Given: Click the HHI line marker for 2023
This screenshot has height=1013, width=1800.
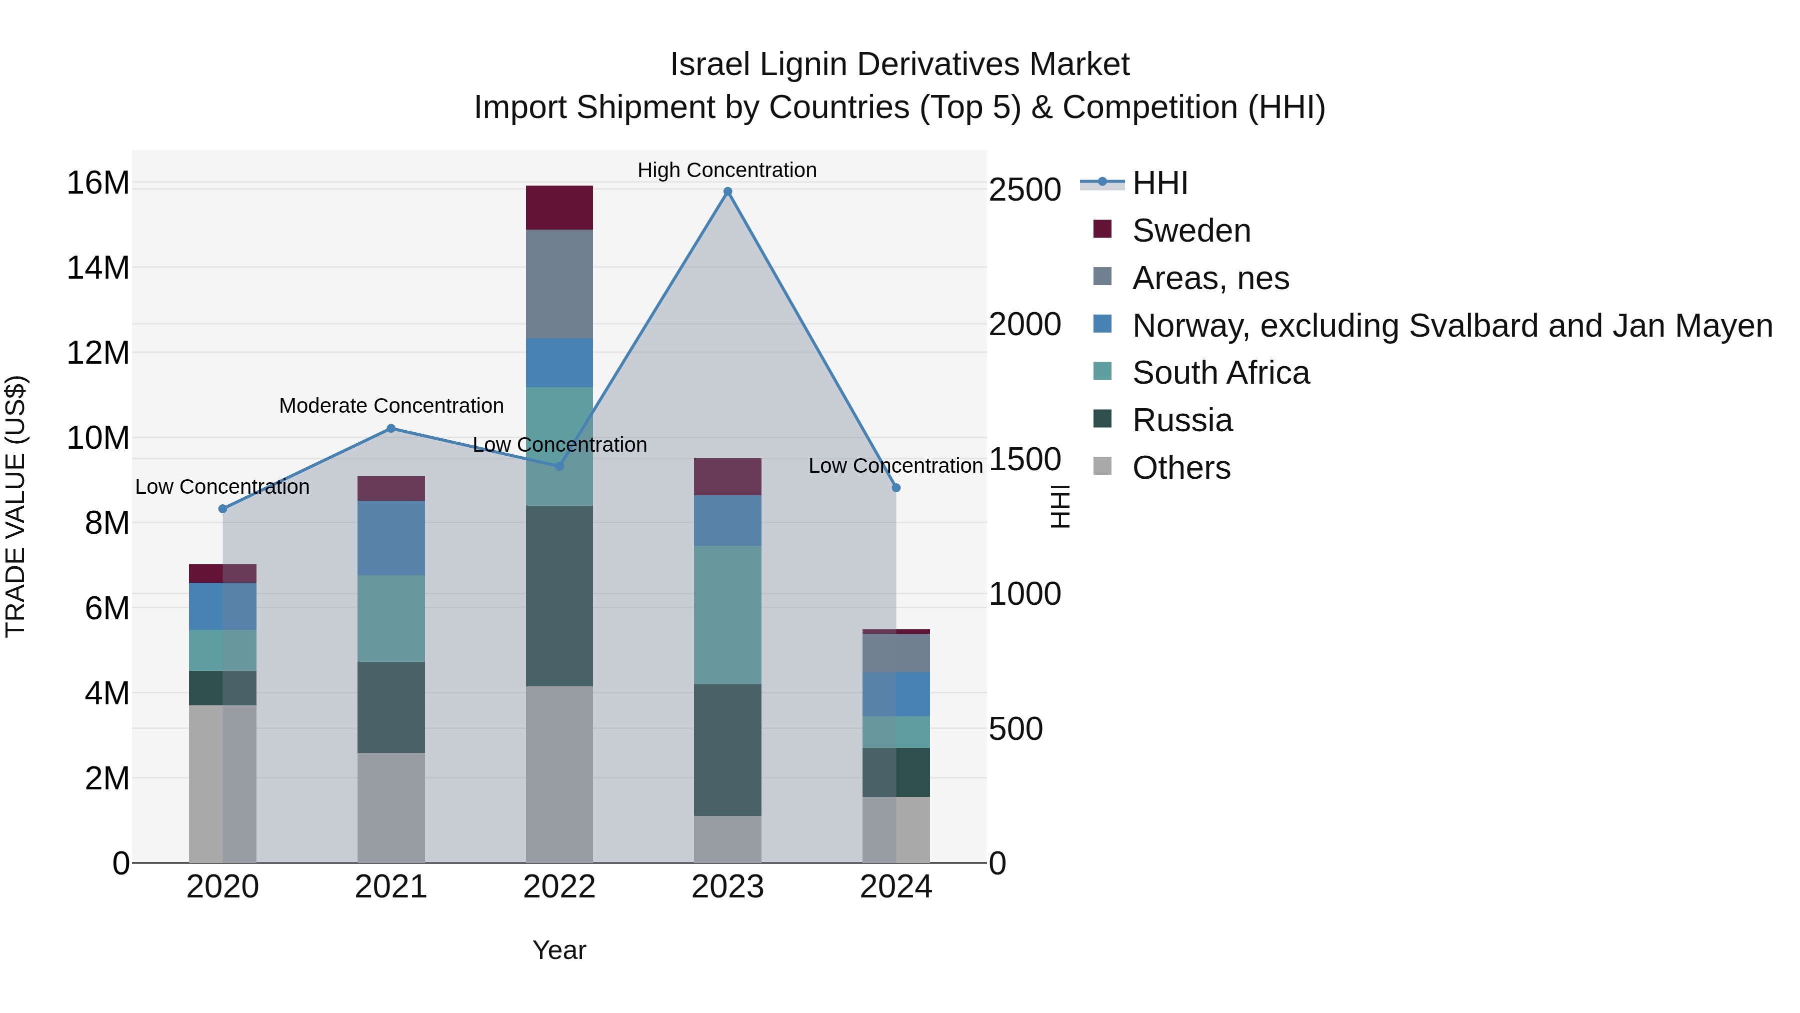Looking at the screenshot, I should [727, 192].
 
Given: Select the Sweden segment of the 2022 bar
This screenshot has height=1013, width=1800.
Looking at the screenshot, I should [559, 208].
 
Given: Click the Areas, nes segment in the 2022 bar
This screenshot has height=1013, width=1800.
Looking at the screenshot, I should [559, 284].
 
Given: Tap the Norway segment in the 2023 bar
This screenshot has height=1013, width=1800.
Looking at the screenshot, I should [727, 520].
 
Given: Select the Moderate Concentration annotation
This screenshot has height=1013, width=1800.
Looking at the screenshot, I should [391, 406].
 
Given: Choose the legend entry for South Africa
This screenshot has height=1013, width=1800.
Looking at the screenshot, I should [1220, 373].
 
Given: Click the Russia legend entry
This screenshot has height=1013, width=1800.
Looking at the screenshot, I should [1182, 420].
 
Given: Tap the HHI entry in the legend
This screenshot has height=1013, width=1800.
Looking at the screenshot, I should [1160, 183].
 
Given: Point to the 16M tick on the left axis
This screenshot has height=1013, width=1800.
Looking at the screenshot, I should [98, 183].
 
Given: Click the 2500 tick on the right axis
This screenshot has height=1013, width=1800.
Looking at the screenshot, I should [1024, 190].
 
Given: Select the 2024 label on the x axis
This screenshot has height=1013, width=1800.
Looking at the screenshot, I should [896, 887].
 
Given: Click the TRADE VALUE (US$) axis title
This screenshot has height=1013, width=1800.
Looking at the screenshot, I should [15, 506].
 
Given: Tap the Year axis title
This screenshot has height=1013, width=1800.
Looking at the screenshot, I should [559, 950].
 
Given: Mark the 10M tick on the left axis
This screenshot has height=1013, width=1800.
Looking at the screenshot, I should [98, 438].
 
